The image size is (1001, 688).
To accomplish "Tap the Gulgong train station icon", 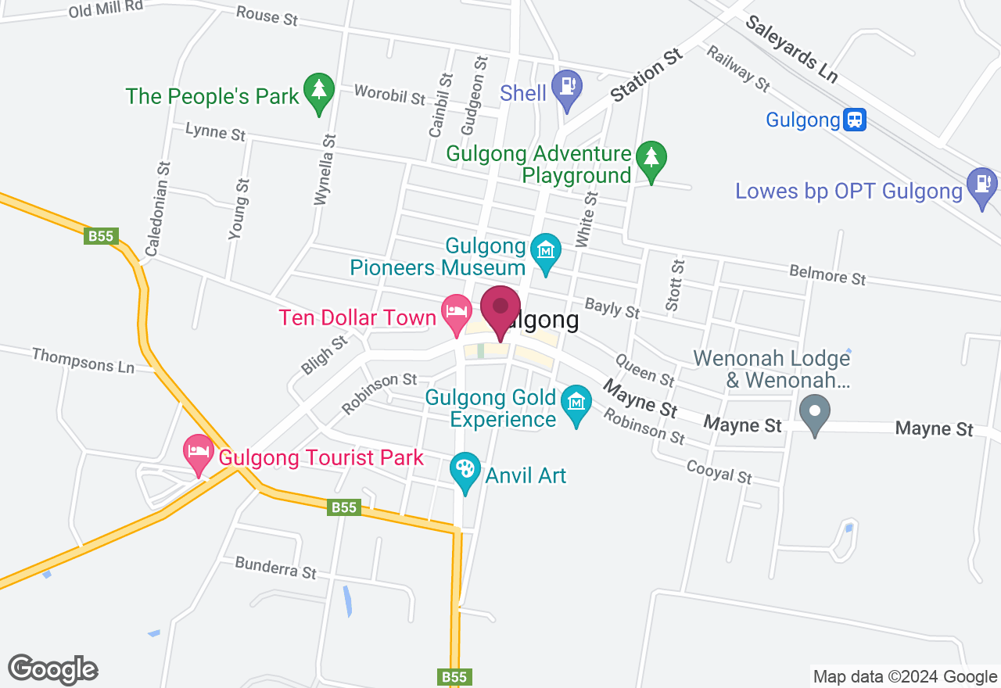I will point(855,120).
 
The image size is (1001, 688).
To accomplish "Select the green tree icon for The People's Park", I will point(319,90).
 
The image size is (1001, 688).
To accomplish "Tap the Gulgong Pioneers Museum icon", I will point(546,251).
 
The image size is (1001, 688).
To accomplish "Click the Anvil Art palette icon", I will point(465,470).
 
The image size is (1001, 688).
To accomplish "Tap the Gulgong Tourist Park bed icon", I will point(198,451).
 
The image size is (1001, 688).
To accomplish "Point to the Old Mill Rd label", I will point(106,9).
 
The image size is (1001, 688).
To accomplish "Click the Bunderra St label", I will point(275,568).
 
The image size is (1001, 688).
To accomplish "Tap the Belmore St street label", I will point(827,274).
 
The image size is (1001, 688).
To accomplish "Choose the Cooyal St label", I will point(719,471).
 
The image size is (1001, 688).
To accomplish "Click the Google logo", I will point(52,669).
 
